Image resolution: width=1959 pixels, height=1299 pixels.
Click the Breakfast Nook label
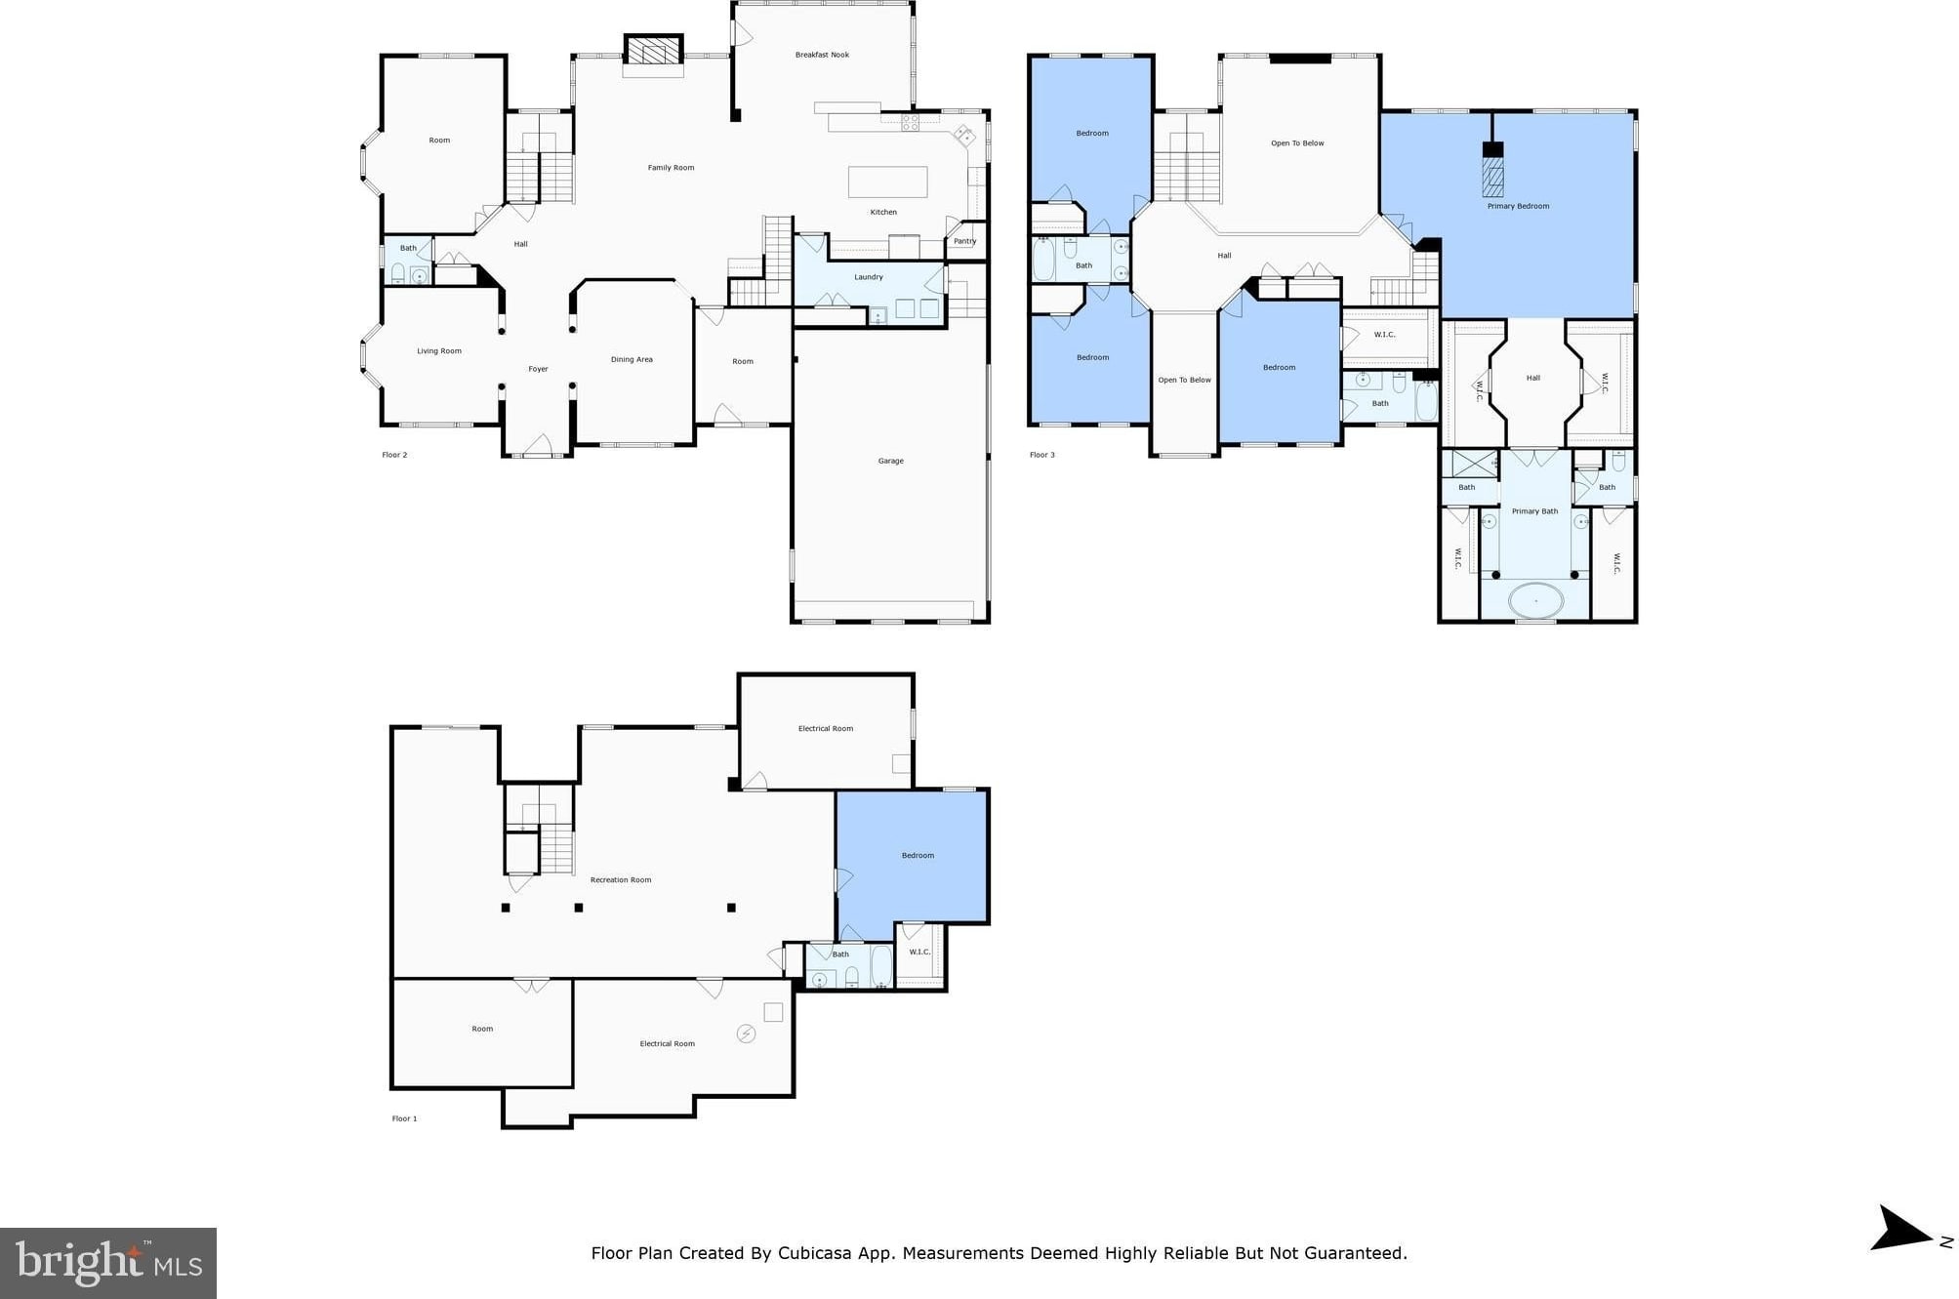coord(822,55)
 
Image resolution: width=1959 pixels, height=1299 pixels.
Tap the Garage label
coord(890,461)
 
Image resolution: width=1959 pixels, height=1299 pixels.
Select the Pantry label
coord(964,241)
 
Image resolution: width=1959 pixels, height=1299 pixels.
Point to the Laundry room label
coord(869,277)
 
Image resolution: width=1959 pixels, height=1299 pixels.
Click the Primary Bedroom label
coord(1518,206)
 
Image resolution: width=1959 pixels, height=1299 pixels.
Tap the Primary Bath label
coord(1534,511)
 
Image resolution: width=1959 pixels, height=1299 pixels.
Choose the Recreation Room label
coord(621,880)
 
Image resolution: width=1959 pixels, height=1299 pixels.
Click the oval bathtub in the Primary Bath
coord(1535,599)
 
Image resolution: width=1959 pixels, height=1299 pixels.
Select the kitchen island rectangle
coord(887,183)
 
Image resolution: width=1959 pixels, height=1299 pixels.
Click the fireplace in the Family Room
coord(653,50)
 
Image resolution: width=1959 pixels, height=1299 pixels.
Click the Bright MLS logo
coord(108,1263)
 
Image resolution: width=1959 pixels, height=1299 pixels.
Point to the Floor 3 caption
coord(1041,455)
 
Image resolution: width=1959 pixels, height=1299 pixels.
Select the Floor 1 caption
coord(404,1118)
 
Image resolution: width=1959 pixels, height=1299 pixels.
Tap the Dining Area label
coord(632,360)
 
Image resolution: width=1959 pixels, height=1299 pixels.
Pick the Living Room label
coord(439,351)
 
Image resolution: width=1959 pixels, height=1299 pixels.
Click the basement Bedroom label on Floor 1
coord(918,856)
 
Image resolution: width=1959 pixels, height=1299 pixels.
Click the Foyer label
coord(538,369)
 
